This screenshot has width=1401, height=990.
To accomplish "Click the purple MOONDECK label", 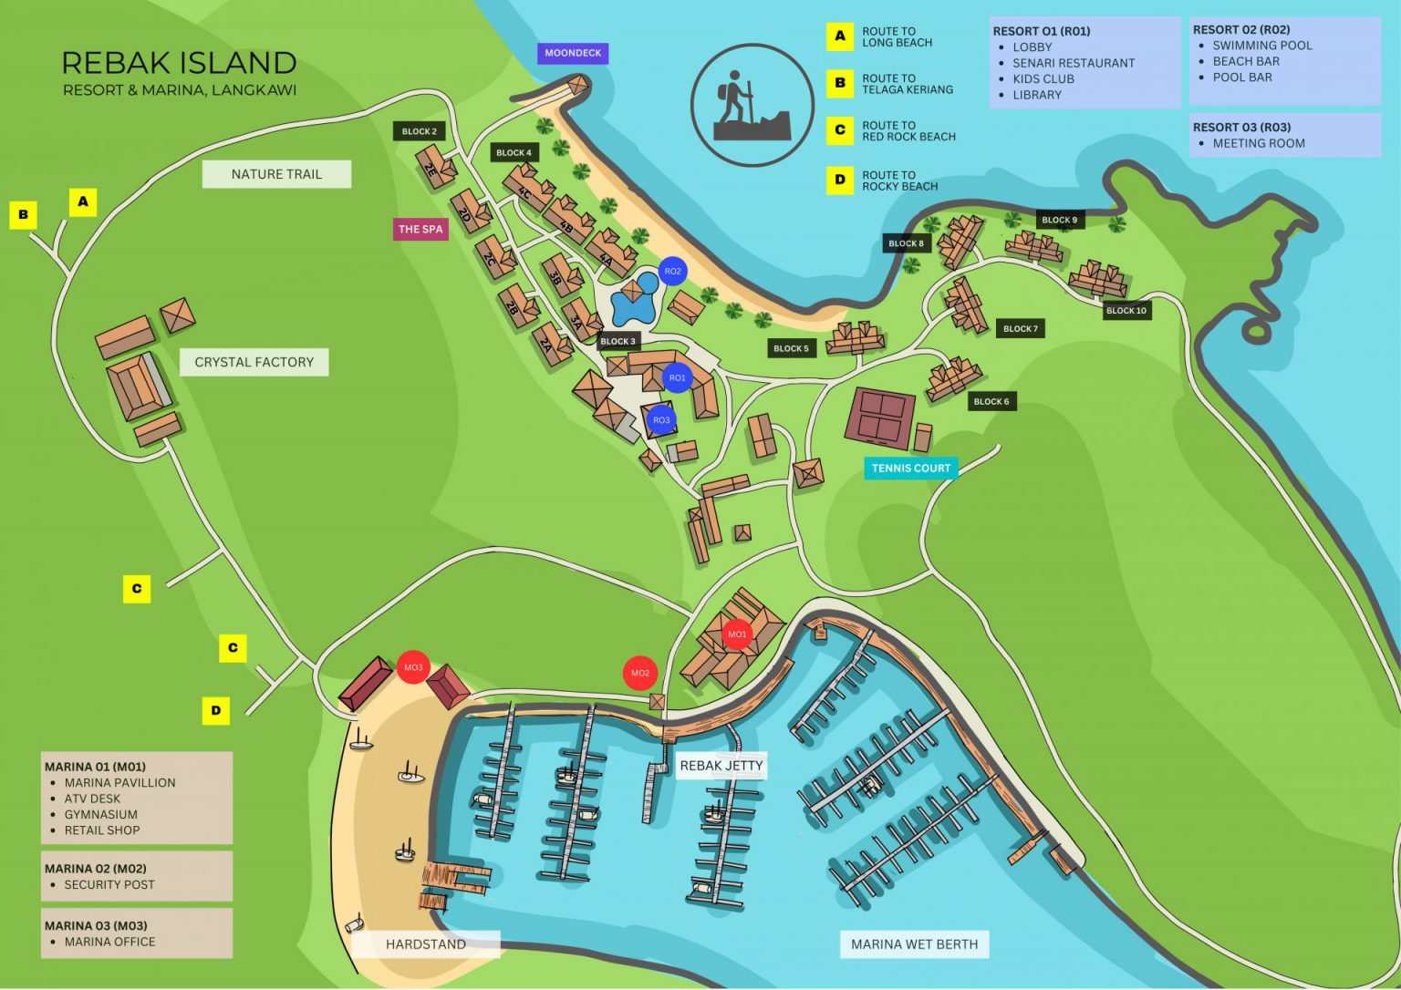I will tap(573, 54).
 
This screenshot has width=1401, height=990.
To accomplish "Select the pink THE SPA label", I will tap(420, 230).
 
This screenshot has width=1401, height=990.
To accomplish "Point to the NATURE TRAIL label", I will tap(276, 174).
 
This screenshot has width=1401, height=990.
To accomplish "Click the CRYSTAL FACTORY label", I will tap(254, 362).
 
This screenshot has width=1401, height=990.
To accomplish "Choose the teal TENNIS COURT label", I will tap(910, 469).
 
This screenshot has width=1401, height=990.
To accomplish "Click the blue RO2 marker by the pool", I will tap(672, 271).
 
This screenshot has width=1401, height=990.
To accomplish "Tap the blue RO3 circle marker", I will tap(660, 420).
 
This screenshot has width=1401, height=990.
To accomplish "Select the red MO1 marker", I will tap(736, 634).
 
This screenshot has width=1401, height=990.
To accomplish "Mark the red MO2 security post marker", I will tap(640, 674).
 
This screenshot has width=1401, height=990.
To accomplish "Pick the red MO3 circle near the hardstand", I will tap(413, 667).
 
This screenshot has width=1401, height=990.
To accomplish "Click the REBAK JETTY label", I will tap(721, 766).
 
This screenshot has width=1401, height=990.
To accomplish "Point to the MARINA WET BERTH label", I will tap(914, 944).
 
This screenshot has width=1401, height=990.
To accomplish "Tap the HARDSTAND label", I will tap(425, 944).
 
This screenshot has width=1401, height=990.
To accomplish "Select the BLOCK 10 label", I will tap(1126, 311).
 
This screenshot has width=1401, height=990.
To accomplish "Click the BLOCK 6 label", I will tap(991, 401).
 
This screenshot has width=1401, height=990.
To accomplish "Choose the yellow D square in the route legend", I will tap(840, 180).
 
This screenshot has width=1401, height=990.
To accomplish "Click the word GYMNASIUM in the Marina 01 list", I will tap(101, 814).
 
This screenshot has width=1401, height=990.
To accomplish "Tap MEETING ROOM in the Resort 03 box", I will tap(1259, 143).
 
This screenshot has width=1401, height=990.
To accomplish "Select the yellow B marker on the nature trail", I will tap(23, 215).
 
